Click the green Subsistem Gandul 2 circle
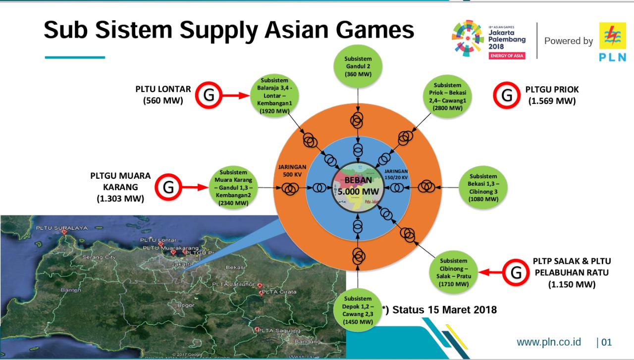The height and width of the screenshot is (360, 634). (358, 66)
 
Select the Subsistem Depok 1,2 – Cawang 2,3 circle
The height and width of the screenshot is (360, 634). (358, 310)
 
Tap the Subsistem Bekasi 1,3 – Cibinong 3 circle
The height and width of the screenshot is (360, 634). (483, 187)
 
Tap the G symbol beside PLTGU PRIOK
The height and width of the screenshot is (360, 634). (507, 95)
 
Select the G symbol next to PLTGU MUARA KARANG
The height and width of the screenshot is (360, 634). (168, 187)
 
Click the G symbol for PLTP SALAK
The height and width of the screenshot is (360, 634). (516, 272)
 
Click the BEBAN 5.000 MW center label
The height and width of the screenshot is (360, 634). (358, 186)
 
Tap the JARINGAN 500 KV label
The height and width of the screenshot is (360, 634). (292, 170)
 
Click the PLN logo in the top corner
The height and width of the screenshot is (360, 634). (612, 42)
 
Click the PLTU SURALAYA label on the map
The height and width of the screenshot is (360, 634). (61, 228)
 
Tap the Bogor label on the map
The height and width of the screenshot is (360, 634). (186, 306)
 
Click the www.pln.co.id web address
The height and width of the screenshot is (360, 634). (548, 342)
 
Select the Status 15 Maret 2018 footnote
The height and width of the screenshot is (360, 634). (439, 310)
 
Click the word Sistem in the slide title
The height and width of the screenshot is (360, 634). (134, 30)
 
